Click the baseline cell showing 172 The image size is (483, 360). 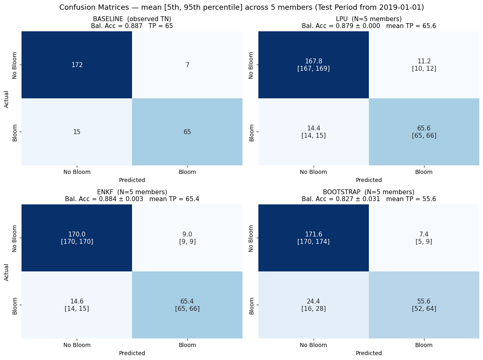pyautogui.click(x=77, y=65)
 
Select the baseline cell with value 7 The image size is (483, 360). pyautogui.click(x=187, y=65)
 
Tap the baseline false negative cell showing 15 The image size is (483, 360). pyautogui.click(x=77, y=132)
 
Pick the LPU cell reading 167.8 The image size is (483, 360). pyautogui.click(x=313, y=65)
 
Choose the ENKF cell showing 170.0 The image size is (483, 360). pyautogui.click(x=77, y=238)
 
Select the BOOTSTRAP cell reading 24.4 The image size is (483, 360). pyautogui.click(x=313, y=305)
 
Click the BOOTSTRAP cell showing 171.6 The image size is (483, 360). pyautogui.click(x=313, y=238)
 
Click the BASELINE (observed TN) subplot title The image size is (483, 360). pyautogui.click(x=132, y=19)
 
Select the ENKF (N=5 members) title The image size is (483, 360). pyautogui.click(x=132, y=192)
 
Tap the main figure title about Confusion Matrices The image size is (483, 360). pyautogui.click(x=241, y=7)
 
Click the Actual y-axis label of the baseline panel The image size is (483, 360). pyautogui.click(x=6, y=98)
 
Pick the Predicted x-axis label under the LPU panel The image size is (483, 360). pyautogui.click(x=369, y=180)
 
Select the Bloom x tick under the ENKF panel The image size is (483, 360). pyautogui.click(x=187, y=345)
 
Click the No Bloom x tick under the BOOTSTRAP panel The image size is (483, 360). pyautogui.click(x=313, y=345)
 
